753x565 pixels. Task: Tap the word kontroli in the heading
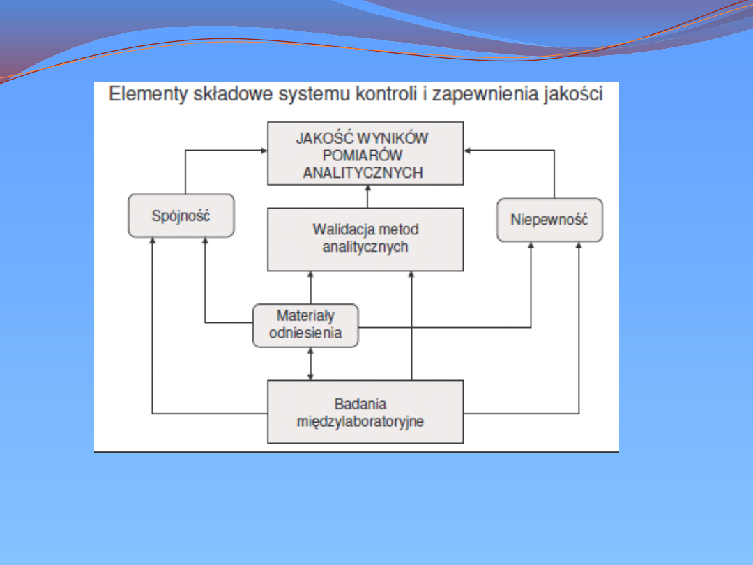pos(386,93)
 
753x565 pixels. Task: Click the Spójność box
pos(181,216)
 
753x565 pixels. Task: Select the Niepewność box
pos(549,220)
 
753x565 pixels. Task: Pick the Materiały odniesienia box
pos(305,325)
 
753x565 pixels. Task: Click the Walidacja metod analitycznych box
pos(365,239)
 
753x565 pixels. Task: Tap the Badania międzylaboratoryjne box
pos(365,412)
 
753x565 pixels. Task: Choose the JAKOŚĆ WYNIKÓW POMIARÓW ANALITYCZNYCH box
pos(365,153)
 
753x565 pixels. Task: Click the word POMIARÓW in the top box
pos(363,155)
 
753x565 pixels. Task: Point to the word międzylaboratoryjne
pos(360,422)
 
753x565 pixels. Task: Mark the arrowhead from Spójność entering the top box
pos(264,151)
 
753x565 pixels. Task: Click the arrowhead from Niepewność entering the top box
pos(467,151)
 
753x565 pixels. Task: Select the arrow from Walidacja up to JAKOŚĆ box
pos(368,197)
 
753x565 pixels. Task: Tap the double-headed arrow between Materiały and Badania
pos(311,363)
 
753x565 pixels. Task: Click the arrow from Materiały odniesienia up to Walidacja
pos(311,287)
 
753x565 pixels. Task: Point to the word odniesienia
pos(305,333)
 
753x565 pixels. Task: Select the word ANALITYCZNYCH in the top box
pos(363,172)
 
